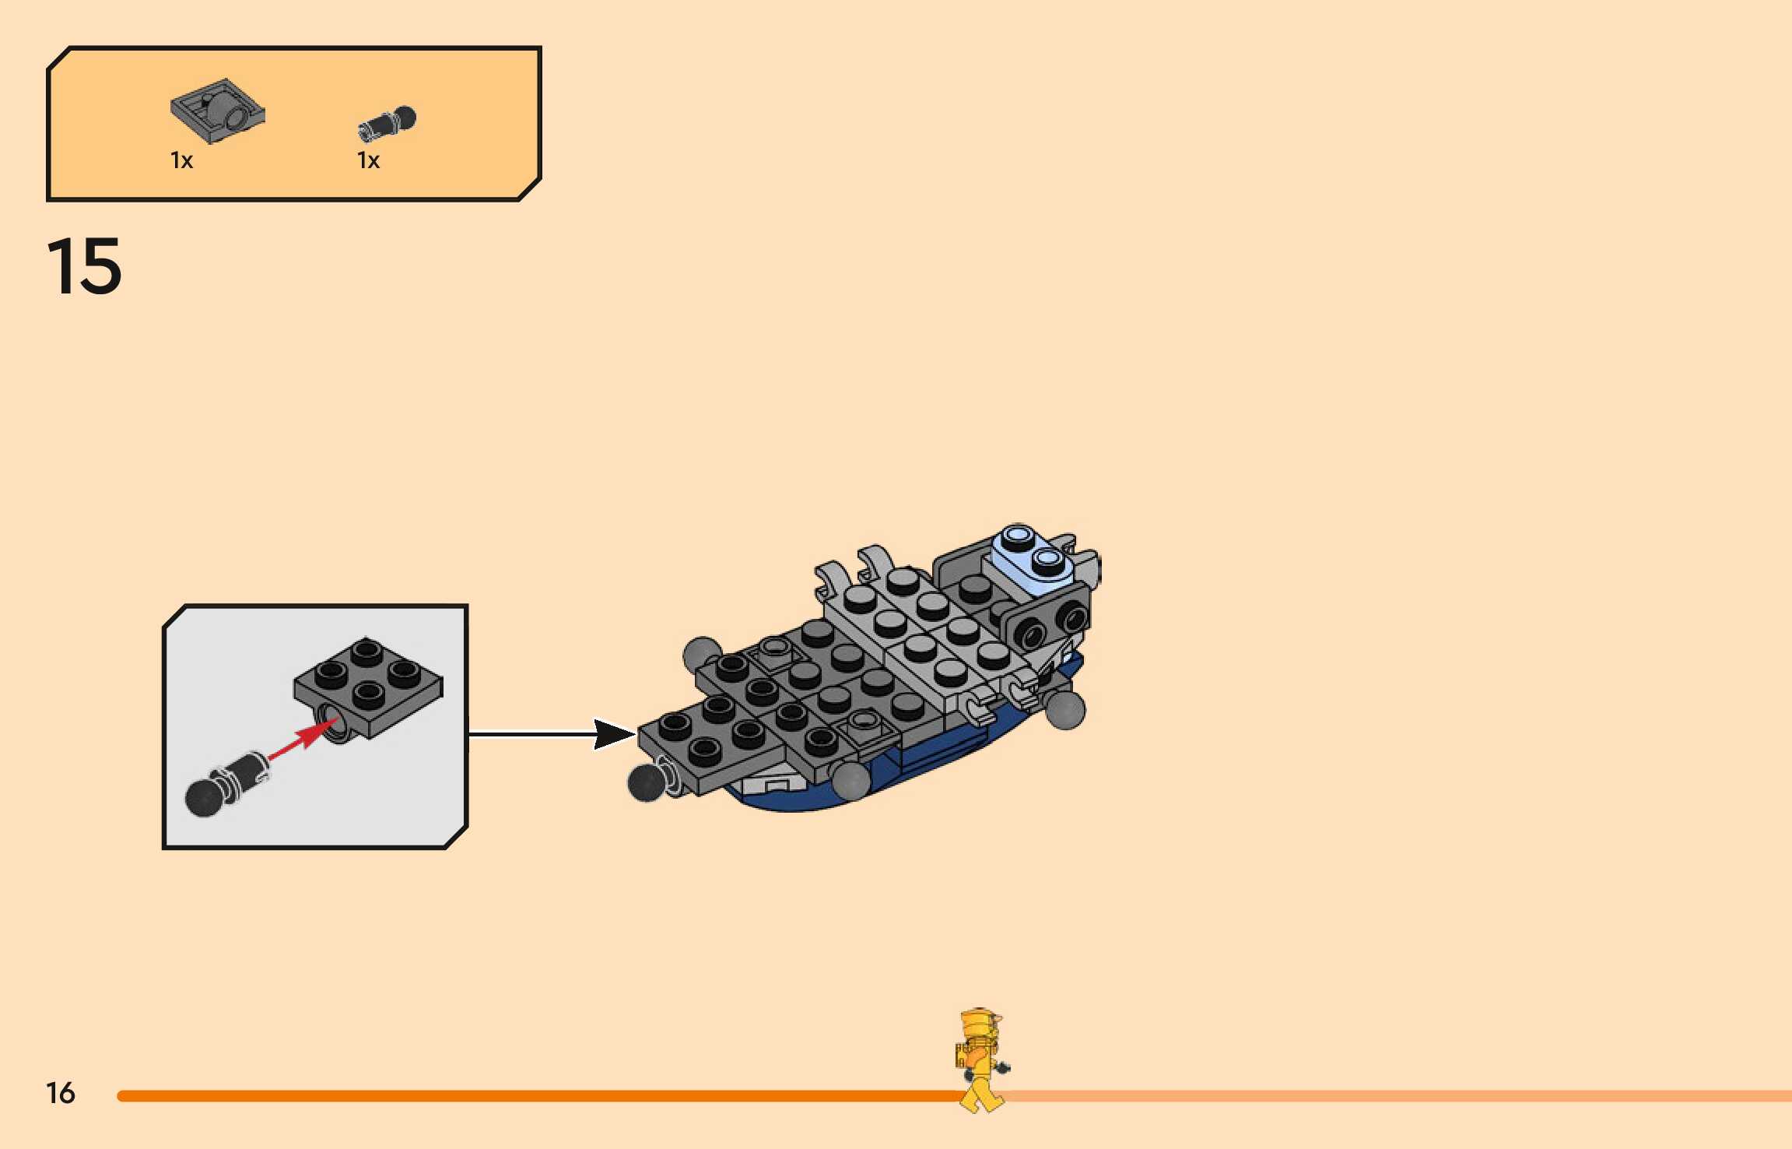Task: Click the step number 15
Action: pyautogui.click(x=84, y=267)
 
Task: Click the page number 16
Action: pyautogui.click(x=61, y=1093)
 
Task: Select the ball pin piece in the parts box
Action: pyautogui.click(x=388, y=123)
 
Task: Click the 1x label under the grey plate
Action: pyautogui.click(x=181, y=161)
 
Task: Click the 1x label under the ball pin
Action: pyautogui.click(x=368, y=161)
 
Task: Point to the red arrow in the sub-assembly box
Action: pyautogui.click(x=300, y=739)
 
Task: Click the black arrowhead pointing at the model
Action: pyautogui.click(x=613, y=734)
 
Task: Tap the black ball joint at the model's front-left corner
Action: pyautogui.click(x=645, y=782)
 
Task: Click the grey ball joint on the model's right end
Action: pyautogui.click(x=1064, y=708)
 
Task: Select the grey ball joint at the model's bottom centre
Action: pyautogui.click(x=851, y=780)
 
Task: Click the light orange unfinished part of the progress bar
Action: pyautogui.click(x=1401, y=1096)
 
